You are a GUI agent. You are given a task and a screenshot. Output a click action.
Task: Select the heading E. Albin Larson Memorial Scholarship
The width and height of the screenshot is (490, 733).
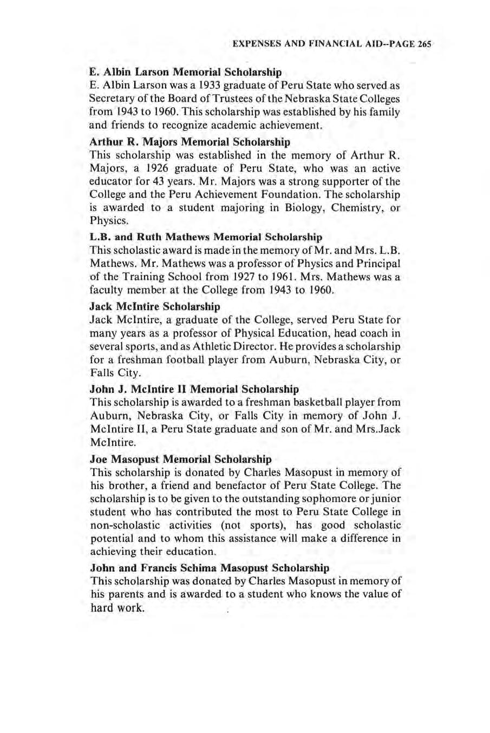[186, 72]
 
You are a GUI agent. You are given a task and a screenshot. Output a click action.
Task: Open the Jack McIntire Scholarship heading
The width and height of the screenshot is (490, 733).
[155, 307]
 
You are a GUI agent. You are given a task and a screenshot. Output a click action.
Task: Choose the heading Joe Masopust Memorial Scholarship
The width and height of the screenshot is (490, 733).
[181, 460]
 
